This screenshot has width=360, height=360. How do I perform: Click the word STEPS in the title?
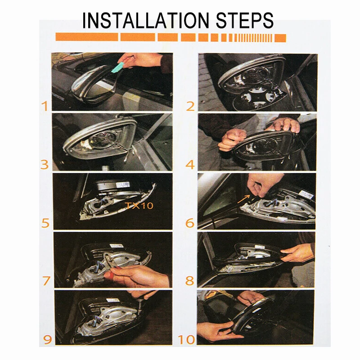[245, 20]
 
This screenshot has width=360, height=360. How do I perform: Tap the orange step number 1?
[45, 106]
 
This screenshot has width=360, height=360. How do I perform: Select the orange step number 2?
[190, 106]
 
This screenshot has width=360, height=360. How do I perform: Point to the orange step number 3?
[45, 165]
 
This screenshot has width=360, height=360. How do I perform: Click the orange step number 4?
[190, 165]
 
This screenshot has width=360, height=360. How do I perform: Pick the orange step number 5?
[45, 223]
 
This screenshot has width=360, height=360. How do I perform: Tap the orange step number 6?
[190, 223]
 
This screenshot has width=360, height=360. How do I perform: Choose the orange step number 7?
[46, 280]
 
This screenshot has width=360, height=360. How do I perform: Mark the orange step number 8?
[189, 280]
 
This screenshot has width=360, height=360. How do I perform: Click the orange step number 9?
[47, 339]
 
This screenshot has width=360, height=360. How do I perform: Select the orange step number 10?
[186, 340]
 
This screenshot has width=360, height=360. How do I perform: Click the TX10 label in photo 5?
[139, 205]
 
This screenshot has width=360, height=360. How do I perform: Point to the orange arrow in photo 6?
[243, 199]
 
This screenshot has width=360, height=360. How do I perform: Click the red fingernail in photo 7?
[109, 275]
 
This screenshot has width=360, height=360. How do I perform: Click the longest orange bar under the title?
[87, 37]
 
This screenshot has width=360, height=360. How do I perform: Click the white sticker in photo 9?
[112, 300]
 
